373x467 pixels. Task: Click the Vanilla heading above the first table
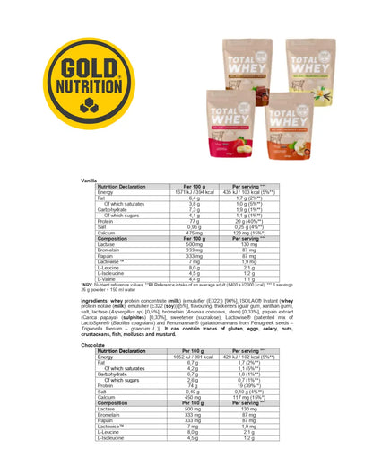pos(90,180)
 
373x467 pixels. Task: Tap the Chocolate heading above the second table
pos(93,344)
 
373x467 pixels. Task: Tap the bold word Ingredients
pos(99,301)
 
